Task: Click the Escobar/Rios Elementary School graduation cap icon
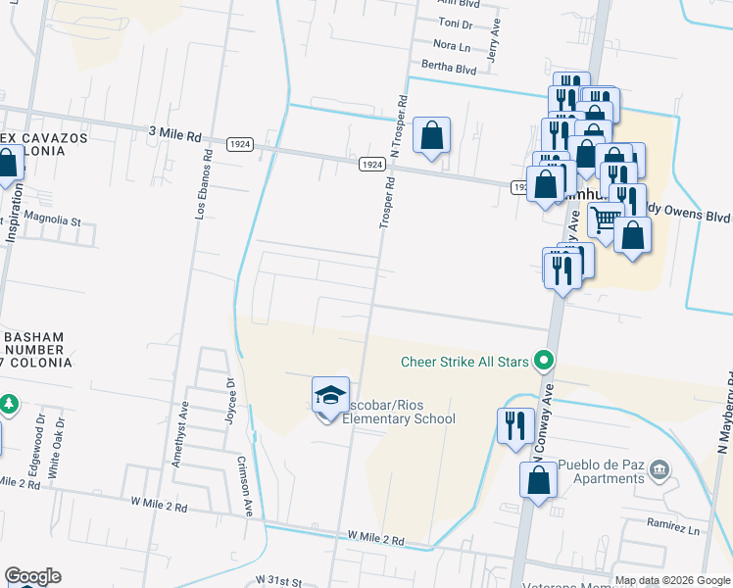tap(330, 396)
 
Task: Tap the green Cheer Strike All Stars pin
tap(541, 362)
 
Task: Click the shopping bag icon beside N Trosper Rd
tap(431, 136)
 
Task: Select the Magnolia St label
tap(53, 220)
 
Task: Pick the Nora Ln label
tap(452, 45)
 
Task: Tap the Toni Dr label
tap(455, 22)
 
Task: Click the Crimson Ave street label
tap(247, 483)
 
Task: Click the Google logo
tap(32, 576)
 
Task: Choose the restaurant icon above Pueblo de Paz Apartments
tap(514, 425)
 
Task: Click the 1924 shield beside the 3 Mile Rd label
tap(240, 144)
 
